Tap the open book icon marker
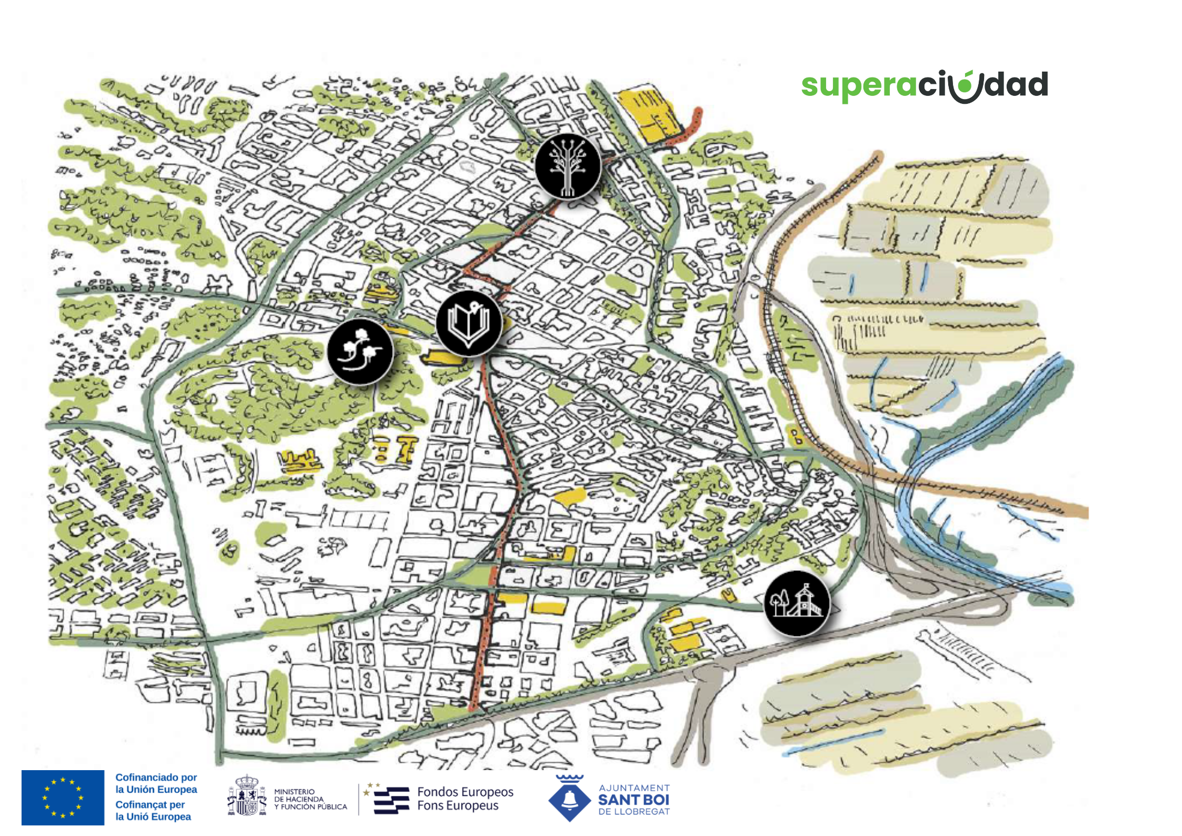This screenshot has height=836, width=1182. click(469, 323)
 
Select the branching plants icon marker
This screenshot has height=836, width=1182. click(360, 351)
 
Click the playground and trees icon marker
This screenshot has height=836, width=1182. click(797, 604)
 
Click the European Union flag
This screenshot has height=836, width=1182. click(63, 798)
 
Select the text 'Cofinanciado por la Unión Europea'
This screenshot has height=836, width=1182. click(156, 783)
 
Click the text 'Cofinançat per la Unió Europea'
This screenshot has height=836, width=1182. click(153, 811)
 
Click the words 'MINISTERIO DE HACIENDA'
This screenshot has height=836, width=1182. click(299, 795)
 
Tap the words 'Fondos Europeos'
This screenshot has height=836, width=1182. click(465, 792)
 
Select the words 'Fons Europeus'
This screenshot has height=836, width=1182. click(458, 805)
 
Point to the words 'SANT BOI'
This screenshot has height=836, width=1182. click(633, 800)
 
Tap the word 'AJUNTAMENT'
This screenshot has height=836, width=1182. click(634, 788)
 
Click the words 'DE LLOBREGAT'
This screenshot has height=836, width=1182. click(634, 812)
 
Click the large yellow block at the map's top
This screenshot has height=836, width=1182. click(645, 113)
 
